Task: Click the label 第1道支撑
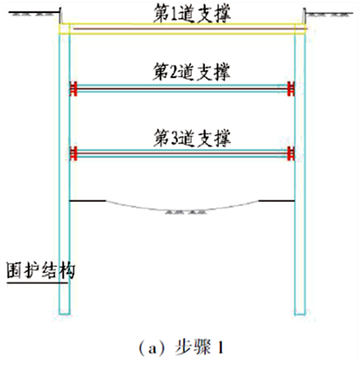192,14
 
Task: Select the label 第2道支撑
191,72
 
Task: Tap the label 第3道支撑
192,138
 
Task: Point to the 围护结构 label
40,271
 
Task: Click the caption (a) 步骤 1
181,347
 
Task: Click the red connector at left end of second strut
73,88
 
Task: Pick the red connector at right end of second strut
291,88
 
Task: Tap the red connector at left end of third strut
73,153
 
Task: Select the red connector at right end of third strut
291,153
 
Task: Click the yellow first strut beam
182,29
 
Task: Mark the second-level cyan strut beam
182,88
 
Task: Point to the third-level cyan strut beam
182,153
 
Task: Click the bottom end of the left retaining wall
64,314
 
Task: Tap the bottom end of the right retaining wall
300,315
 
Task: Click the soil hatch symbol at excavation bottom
186,212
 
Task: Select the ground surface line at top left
35,12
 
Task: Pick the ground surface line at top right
330,13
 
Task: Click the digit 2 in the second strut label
174,73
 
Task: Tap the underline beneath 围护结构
37,283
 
